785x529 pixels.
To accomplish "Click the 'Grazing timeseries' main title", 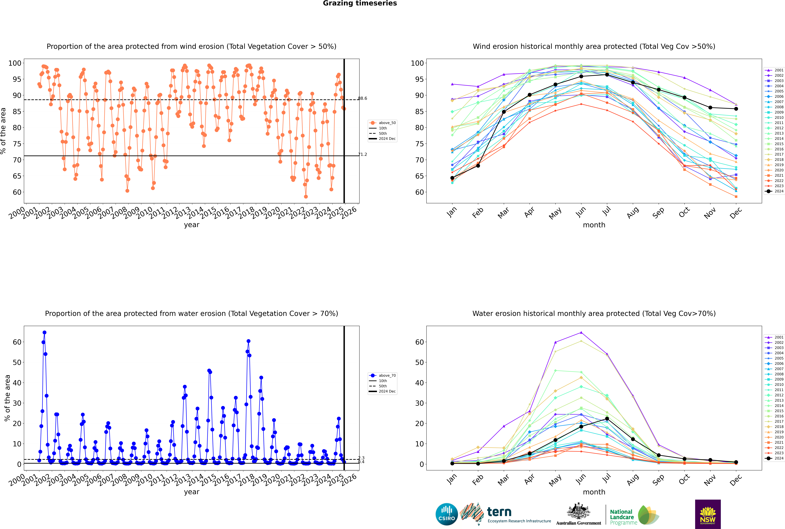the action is point(360,3).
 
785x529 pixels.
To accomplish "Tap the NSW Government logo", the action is point(708,514).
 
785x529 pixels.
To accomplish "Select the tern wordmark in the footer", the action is point(499,512).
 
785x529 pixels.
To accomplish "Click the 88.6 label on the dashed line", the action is point(362,99).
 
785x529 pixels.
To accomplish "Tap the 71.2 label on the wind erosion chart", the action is point(362,154).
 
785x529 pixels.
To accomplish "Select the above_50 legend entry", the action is point(382,123).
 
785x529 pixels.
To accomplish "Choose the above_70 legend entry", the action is point(382,376).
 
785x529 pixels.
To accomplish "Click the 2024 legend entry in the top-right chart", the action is point(774,191).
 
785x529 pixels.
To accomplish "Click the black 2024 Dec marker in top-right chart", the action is point(736,109).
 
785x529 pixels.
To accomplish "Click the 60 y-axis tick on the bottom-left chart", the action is point(17,342).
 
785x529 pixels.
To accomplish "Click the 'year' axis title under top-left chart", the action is point(192,225).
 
